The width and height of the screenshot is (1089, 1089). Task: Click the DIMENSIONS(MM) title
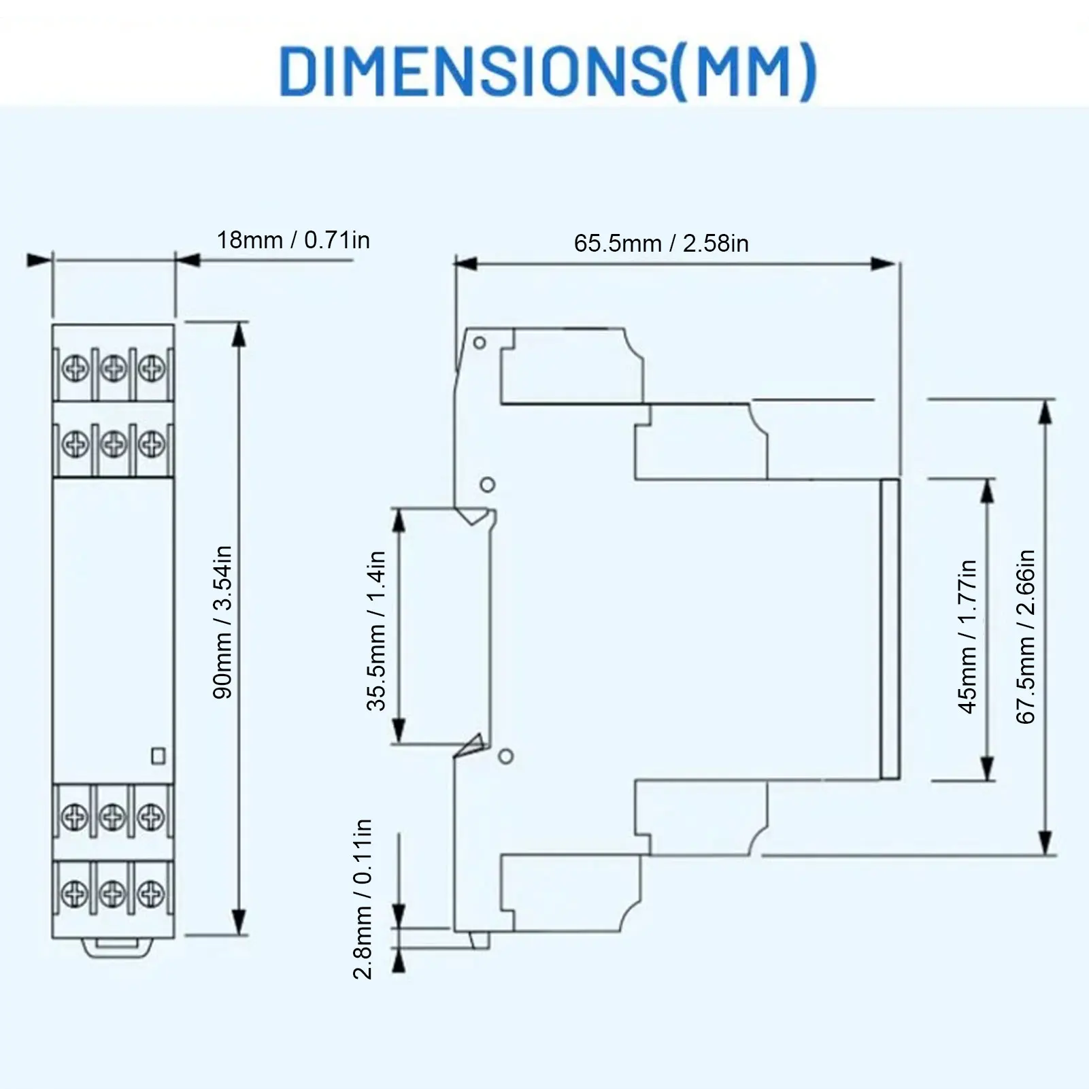[548, 71]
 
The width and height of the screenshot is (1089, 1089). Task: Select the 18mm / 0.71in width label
[293, 240]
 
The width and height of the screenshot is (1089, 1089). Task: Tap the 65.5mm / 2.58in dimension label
[661, 243]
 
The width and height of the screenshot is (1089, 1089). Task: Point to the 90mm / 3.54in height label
[222, 622]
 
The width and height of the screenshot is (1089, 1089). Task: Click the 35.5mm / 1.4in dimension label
[376, 631]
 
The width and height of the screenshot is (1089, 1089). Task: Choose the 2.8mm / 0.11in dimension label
[363, 899]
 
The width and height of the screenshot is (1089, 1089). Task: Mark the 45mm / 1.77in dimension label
[967, 637]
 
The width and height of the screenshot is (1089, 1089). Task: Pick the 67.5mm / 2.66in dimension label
[1025, 637]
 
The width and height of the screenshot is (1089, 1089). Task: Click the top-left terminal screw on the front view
[75, 369]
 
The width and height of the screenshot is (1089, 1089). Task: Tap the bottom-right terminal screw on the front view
[151, 892]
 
